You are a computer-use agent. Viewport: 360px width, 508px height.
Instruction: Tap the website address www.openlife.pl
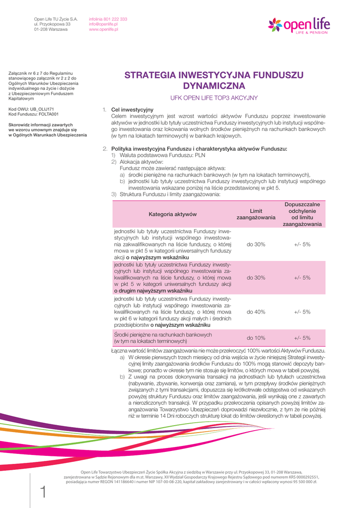click(x=103, y=30)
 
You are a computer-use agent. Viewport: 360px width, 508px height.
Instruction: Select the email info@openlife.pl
click(x=103, y=24)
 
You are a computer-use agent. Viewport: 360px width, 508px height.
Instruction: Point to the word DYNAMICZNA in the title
click(x=214, y=86)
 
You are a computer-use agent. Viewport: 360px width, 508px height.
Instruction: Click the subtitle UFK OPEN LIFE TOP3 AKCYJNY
click(x=214, y=98)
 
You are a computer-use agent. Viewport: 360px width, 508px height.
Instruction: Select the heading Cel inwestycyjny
click(x=132, y=110)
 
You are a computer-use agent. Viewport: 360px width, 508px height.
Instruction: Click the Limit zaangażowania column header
click(x=256, y=214)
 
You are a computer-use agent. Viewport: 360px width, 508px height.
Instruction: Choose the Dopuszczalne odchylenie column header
click(x=302, y=214)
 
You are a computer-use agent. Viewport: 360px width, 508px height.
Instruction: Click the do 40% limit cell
click(x=256, y=312)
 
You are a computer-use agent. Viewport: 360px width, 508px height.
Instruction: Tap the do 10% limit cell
click(x=256, y=338)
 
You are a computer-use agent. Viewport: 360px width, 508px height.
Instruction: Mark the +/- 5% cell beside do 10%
click(x=302, y=338)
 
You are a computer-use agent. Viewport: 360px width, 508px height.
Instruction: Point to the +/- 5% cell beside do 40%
click(x=302, y=312)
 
